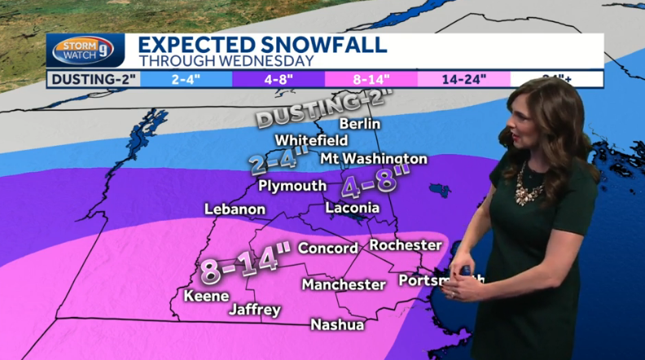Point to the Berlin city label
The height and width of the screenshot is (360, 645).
pyautogui.click(x=359, y=124)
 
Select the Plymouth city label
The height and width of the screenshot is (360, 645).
pyautogui.click(x=292, y=186)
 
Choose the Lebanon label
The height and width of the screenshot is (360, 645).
pyautogui.click(x=235, y=209)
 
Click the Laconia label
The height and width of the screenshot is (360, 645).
pyautogui.click(x=352, y=209)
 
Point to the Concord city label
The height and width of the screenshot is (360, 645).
pyautogui.click(x=328, y=248)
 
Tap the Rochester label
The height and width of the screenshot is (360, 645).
pyautogui.click(x=405, y=244)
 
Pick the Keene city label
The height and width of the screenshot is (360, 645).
pyautogui.click(x=206, y=296)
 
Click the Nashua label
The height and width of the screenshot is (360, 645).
pyautogui.click(x=337, y=324)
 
